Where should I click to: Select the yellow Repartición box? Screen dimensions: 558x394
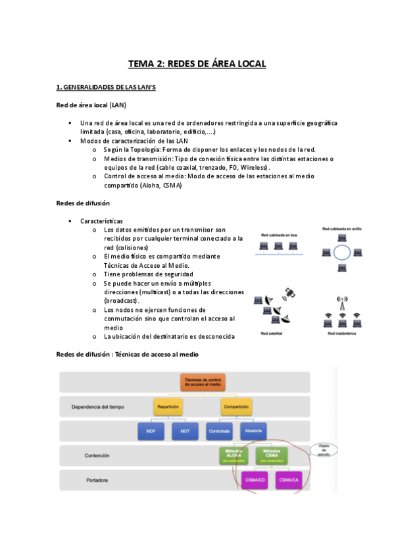pyautogui.click(x=168, y=407)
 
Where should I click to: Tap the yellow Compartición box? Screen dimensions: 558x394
pyautogui.click(x=236, y=407)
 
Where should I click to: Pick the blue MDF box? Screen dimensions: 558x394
pyautogui.click(x=151, y=432)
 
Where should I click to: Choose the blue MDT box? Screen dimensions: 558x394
pyautogui.click(x=185, y=432)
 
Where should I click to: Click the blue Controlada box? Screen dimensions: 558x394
pyautogui.click(x=219, y=432)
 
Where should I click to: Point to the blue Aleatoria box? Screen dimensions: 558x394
pyautogui.click(x=253, y=432)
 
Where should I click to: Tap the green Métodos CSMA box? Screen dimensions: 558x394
pyautogui.click(x=270, y=455)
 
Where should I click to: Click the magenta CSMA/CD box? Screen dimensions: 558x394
pyautogui.click(x=253, y=480)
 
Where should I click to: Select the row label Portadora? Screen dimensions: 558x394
pyautogui.click(x=97, y=480)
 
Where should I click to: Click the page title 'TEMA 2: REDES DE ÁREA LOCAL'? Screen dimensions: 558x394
pyautogui.click(x=197, y=64)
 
